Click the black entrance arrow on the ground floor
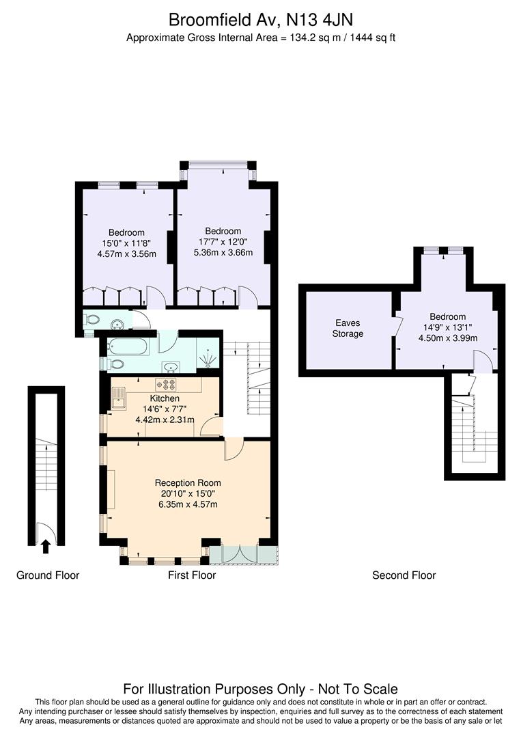[46, 545]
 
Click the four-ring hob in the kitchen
[166, 385]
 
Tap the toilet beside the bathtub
[115, 364]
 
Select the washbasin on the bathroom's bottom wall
[171, 366]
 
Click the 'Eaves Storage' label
[348, 328]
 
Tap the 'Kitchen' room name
[165, 398]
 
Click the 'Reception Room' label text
[188, 482]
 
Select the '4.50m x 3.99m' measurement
[448, 338]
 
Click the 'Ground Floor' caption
[48, 575]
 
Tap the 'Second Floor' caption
[404, 575]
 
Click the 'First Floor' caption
[192, 575]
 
